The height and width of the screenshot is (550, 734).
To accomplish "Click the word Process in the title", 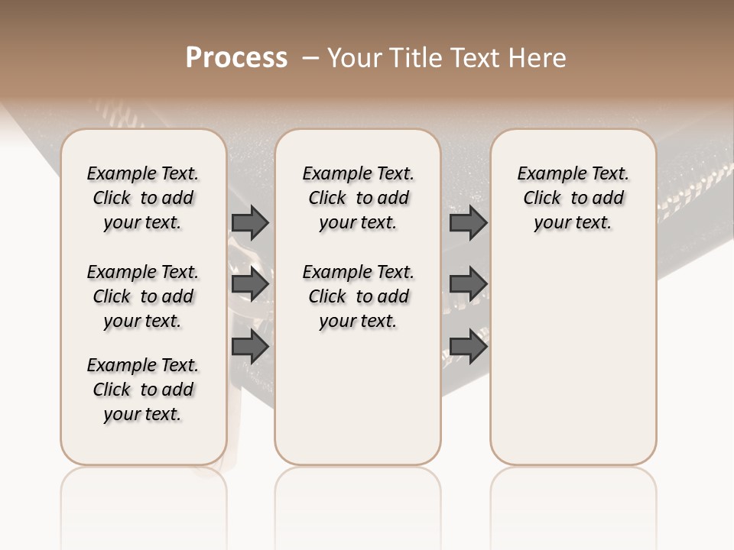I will (x=236, y=58).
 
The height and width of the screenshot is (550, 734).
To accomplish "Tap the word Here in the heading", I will (x=540, y=58).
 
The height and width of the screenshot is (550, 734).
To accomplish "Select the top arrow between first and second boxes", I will (x=250, y=223).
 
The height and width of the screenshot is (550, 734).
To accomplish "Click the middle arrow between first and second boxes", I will (x=250, y=285).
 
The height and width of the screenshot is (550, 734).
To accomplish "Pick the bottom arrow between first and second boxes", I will (x=250, y=346).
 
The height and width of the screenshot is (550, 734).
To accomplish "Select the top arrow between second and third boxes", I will (x=468, y=223).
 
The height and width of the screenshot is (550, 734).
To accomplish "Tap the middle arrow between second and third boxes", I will (x=468, y=285).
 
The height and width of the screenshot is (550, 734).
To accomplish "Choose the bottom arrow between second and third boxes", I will (x=468, y=346).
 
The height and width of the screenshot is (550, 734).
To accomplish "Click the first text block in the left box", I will (x=143, y=198).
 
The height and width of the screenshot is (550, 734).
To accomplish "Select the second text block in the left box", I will (x=143, y=296).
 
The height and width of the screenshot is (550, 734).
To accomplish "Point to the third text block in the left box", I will (x=143, y=390).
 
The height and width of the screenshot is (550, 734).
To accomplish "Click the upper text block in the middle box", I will (x=358, y=198).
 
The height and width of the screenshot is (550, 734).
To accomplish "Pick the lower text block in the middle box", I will (x=358, y=296).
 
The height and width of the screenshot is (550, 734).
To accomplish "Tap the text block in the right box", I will (x=573, y=198).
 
